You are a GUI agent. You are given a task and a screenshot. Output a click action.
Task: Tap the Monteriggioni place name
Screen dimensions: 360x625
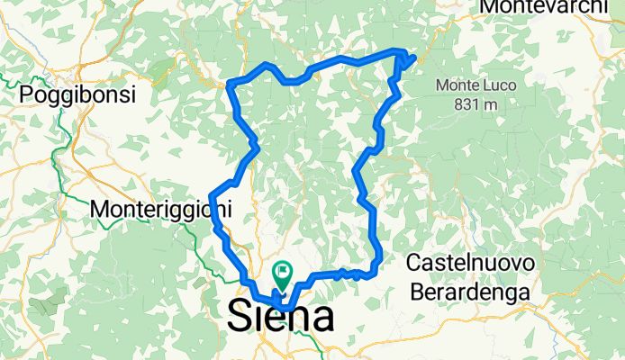click(162, 209)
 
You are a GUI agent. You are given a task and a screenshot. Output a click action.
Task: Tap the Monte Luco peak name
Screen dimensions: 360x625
click(466, 86)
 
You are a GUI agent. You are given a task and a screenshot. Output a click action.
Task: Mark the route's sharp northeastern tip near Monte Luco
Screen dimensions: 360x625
click(413, 58)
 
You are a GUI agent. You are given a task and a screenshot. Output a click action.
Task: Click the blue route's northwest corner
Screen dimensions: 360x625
click(231, 84)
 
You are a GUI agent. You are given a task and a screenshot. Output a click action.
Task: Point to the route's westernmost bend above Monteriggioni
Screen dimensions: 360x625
click(212, 196)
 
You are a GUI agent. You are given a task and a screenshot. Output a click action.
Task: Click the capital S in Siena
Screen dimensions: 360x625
click(240, 317)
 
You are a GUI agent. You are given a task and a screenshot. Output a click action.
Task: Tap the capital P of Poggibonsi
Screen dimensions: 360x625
click(26, 94)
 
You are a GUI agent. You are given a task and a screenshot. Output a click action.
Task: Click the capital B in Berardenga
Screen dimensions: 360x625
click(416, 290)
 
